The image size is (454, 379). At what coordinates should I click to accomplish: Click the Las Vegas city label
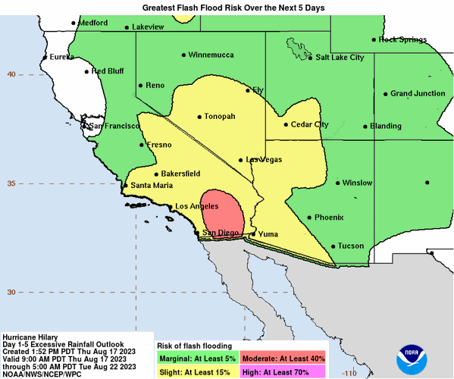pyautogui.click(x=263, y=159)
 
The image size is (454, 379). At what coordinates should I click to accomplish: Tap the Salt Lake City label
pyautogui.click(x=340, y=57)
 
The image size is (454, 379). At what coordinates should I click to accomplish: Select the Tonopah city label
pyautogui.click(x=220, y=116)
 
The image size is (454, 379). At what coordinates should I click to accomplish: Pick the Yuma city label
pyautogui.click(x=269, y=234)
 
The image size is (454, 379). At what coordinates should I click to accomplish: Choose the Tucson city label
pyautogui.click(x=351, y=246)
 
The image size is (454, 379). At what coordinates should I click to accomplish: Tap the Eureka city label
pyautogui.click(x=64, y=56)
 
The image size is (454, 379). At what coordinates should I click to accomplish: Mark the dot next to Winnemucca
pyautogui.click(x=183, y=55)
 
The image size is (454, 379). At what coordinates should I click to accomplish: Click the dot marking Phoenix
pyautogui.click(x=309, y=218)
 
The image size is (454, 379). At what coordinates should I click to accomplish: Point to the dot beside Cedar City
pyautogui.click(x=286, y=125)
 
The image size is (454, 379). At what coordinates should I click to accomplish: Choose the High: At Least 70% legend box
pyautogui.click(x=283, y=371)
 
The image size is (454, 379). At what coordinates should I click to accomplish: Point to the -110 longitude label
pyautogui.click(x=349, y=374)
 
